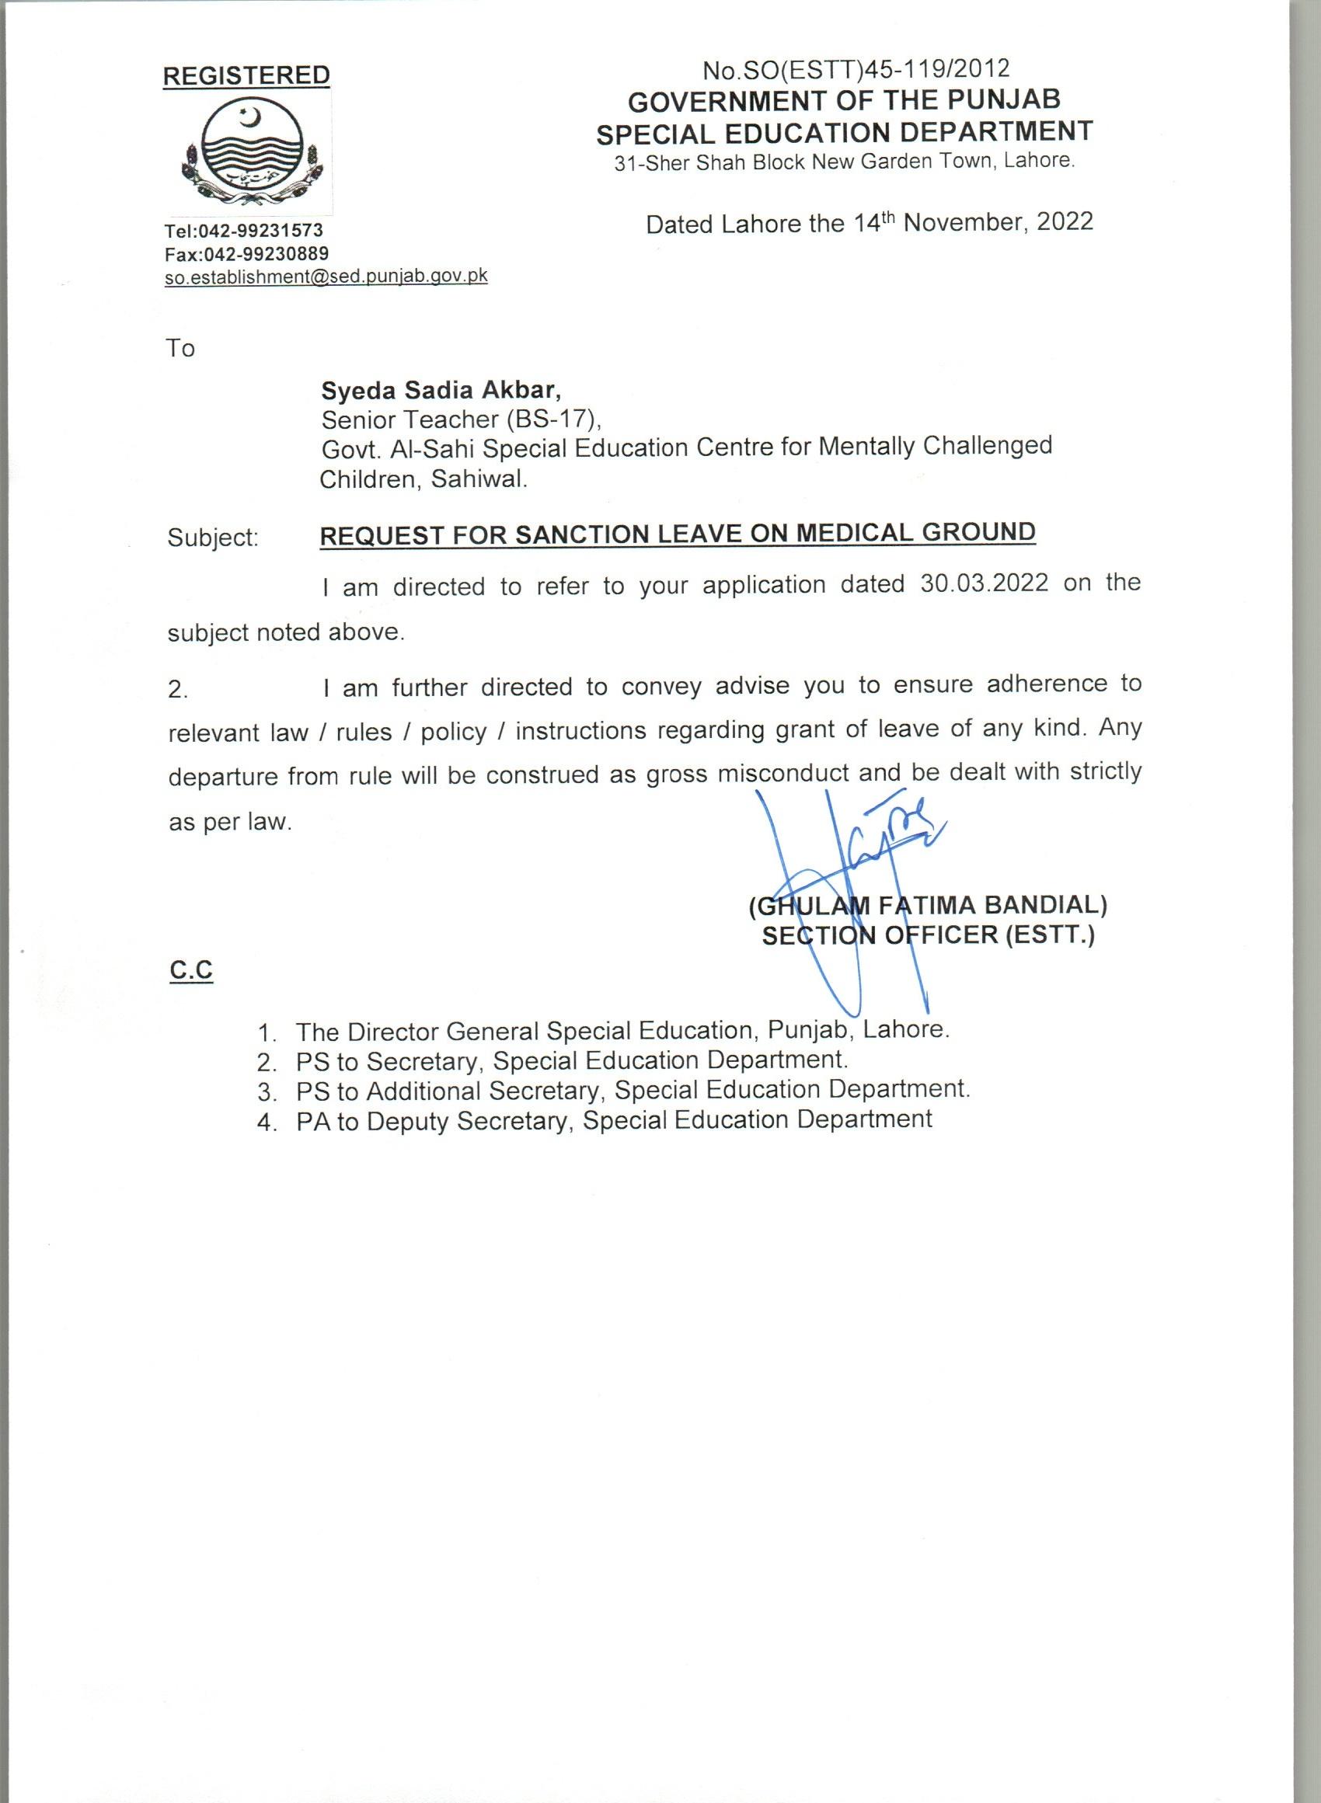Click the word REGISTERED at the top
246,75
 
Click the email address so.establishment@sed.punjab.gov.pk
326,277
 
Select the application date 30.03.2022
984,583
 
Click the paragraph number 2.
177,690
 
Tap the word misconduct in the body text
782,774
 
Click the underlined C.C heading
191,969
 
